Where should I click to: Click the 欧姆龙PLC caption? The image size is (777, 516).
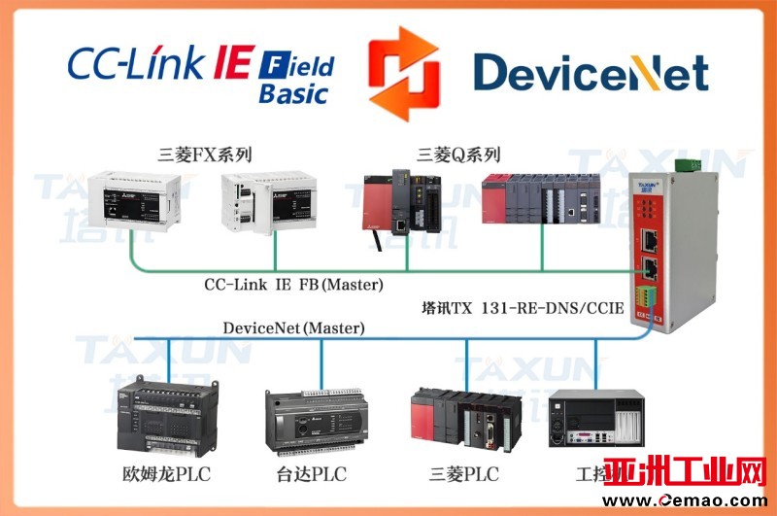[x=166, y=474]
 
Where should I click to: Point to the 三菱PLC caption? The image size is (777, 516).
[x=464, y=474]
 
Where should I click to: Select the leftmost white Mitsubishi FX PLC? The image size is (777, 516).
[x=133, y=203]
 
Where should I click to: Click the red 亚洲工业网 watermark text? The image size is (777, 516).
[x=685, y=474]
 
